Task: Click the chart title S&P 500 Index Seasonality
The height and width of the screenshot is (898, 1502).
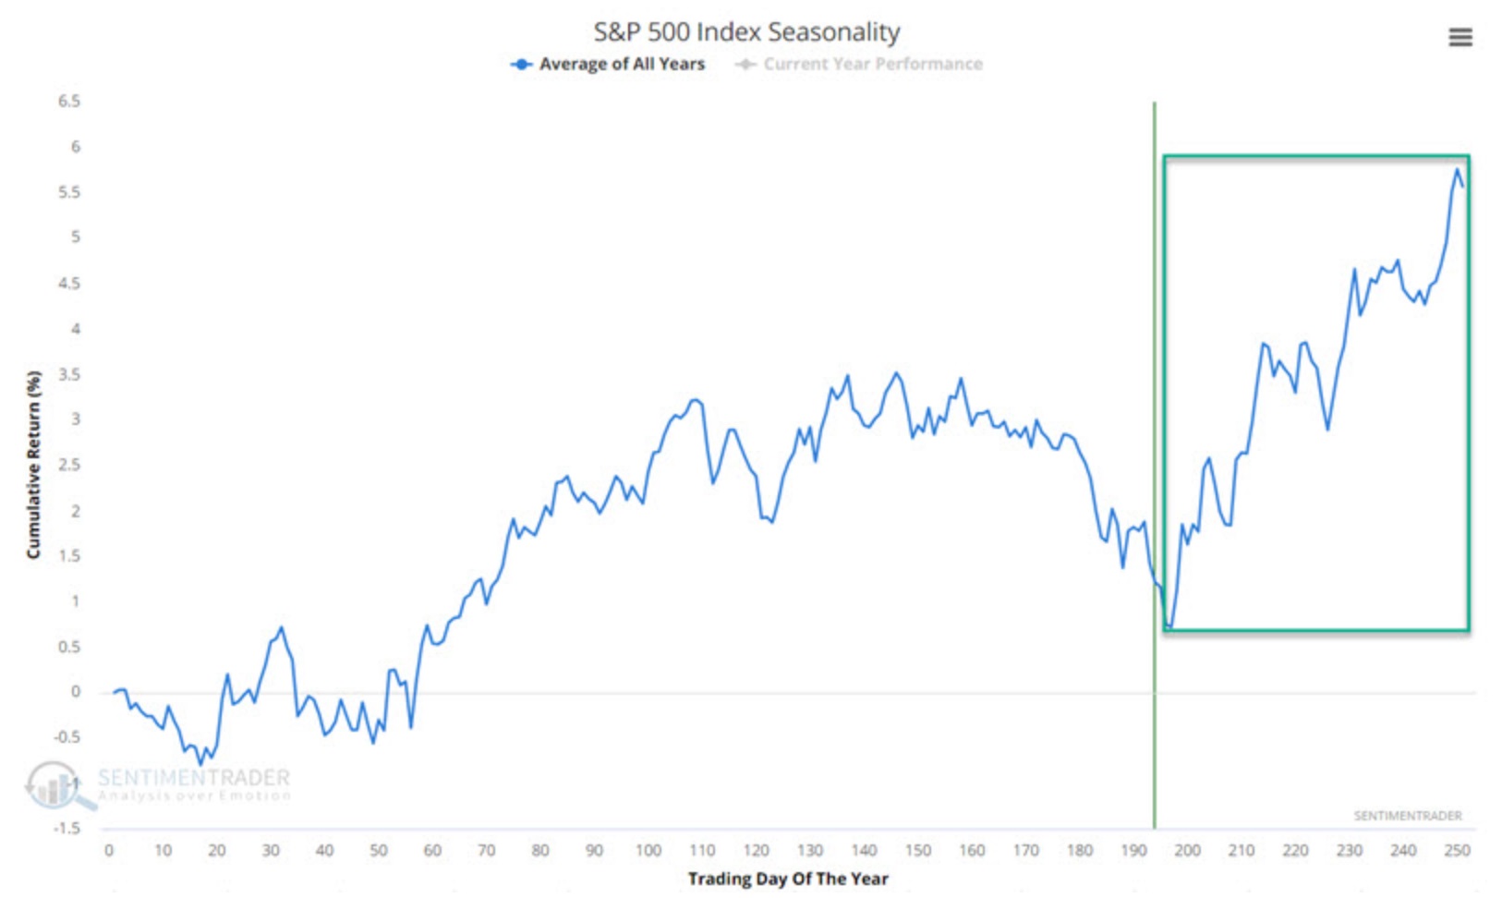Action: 746,32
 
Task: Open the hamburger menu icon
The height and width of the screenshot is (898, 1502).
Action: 1460,38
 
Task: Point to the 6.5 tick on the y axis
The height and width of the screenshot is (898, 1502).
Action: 69,101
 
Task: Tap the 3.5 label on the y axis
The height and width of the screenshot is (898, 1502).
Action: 69,374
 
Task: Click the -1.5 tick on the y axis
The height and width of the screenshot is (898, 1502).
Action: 67,828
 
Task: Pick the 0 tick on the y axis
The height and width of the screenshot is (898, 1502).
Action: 76,691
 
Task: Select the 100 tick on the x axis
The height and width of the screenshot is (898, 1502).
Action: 648,850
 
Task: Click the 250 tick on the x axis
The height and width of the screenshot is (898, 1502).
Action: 1457,850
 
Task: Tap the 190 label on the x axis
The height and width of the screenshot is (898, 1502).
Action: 1133,850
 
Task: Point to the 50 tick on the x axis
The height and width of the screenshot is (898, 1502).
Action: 379,850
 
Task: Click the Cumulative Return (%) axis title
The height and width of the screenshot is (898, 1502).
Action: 34,464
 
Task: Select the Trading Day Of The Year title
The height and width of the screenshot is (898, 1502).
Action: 788,879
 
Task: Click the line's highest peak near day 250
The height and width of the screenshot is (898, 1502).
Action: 1458,169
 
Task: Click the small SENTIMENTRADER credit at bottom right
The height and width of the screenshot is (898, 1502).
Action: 1407,816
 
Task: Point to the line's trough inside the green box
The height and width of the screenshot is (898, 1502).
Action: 1169,628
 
